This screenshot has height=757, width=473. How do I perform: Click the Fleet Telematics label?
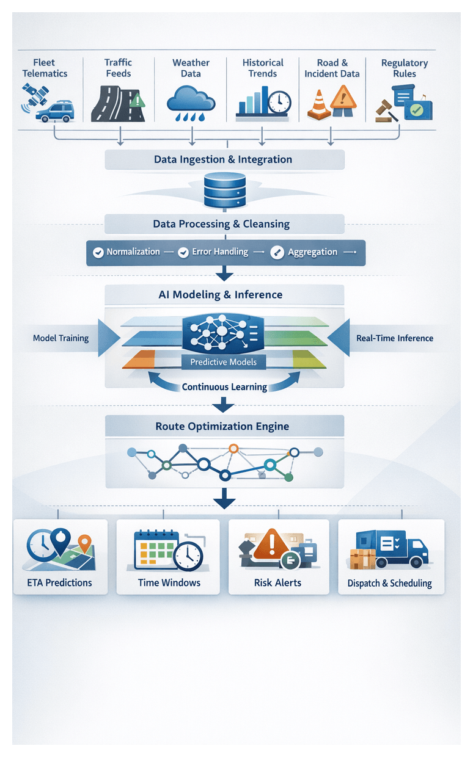click(45, 68)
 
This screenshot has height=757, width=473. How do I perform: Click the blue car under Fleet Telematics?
click(54, 111)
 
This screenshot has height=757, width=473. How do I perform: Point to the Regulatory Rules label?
click(404, 68)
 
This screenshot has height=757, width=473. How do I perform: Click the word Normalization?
click(133, 252)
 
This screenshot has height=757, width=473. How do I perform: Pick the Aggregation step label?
click(312, 252)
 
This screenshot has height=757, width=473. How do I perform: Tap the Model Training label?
click(61, 338)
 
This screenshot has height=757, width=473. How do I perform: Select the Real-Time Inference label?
click(394, 338)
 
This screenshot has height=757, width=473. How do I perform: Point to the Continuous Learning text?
click(224, 387)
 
